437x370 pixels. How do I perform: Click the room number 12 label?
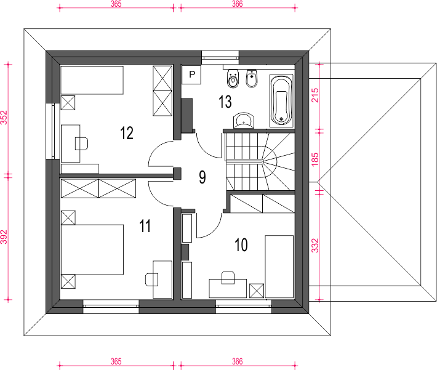pos(127,133)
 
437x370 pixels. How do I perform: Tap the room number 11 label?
pos(145,226)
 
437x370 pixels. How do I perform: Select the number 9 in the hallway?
pos(202,177)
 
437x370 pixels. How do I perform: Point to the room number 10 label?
pos(241,245)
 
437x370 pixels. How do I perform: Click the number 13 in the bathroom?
pos(225,102)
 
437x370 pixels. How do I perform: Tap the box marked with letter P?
pos(192,74)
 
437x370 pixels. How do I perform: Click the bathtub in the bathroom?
pos(281,101)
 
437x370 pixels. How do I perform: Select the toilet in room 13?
pos(233,78)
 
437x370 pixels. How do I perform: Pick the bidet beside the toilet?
pos(252,78)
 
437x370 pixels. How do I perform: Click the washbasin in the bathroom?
pos(244,121)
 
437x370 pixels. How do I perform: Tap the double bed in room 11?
pos(92,249)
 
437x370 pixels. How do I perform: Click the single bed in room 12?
pos(92,80)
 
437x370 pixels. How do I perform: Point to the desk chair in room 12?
pos(82,143)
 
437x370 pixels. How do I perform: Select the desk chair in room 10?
pos(228,278)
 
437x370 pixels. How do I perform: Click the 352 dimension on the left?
pos(4,118)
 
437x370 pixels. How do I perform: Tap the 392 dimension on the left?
pos(4,237)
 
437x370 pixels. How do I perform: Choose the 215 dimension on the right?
pos(315,95)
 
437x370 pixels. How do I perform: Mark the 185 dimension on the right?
pos(315,159)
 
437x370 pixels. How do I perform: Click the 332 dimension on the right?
pos(315,246)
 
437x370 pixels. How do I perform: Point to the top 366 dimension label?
pos(237,4)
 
